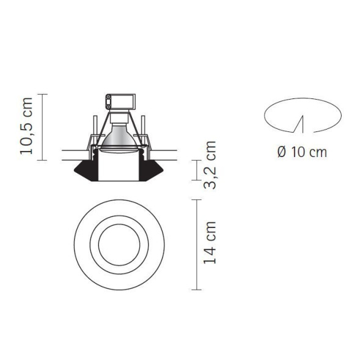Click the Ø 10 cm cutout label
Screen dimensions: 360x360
(x=301, y=152)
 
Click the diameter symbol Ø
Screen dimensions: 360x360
(x=282, y=152)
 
